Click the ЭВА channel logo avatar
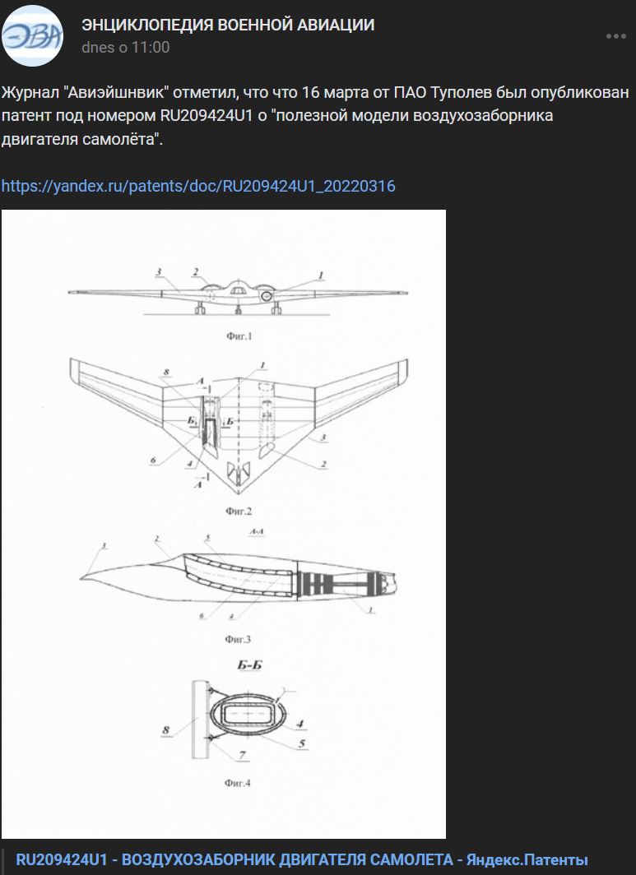tap(32, 35)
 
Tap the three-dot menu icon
tap(616, 36)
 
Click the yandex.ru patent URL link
tap(198, 186)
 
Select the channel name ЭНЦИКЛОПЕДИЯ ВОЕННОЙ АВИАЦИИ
tap(228, 25)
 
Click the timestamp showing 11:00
tap(126, 48)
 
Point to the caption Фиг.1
tap(239, 336)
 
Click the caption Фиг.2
tap(239, 511)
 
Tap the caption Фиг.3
tap(238, 639)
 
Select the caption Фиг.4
tap(238, 783)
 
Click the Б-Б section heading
tap(249, 665)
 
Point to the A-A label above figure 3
tap(257, 532)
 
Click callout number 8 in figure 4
tap(166, 730)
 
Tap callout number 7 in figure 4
tap(243, 755)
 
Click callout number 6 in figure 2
tap(153, 461)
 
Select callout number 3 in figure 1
tap(159, 272)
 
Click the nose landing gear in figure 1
tap(239, 308)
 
